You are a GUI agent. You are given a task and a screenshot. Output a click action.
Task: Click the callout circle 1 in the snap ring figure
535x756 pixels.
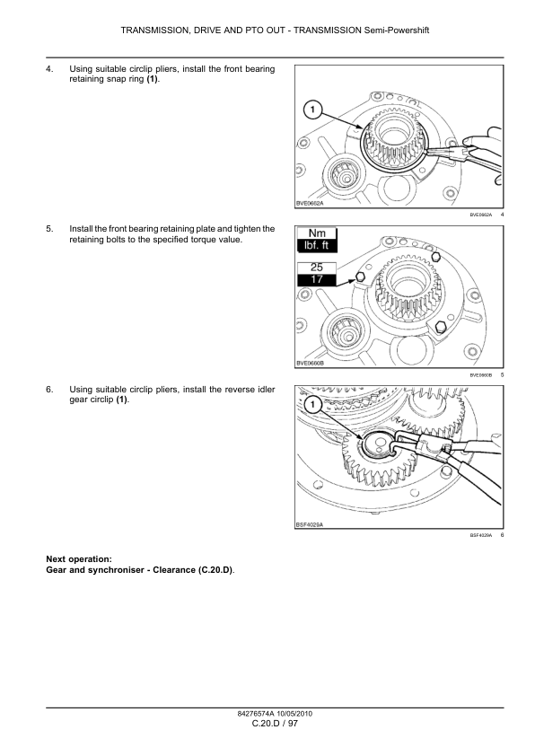point(312,110)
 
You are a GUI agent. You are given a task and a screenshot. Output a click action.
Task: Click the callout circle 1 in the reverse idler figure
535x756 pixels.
point(312,404)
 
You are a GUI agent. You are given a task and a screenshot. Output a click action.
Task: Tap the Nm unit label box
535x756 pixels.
point(317,233)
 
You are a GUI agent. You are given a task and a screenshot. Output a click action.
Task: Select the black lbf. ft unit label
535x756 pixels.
point(317,245)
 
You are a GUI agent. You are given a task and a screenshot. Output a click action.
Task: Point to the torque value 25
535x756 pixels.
point(317,268)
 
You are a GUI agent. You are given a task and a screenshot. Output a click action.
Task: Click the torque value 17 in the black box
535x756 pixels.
point(317,279)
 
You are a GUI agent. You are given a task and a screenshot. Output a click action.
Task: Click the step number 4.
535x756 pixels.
point(49,69)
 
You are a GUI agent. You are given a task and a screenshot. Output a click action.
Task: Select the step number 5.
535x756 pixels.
point(49,229)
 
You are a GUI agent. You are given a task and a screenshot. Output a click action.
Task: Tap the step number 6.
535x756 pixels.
point(49,389)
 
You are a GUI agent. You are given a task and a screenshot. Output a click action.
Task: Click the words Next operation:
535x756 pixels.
point(79,559)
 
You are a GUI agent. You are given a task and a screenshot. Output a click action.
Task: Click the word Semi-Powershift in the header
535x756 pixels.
point(396,31)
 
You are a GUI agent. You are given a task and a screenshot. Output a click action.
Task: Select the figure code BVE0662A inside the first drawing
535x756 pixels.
point(310,204)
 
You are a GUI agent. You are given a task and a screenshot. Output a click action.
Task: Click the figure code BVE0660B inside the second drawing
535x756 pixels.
point(310,363)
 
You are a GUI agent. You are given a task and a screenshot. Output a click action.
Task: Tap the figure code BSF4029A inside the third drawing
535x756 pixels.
point(310,524)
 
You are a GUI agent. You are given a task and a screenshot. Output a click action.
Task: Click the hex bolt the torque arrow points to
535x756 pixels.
point(360,277)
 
